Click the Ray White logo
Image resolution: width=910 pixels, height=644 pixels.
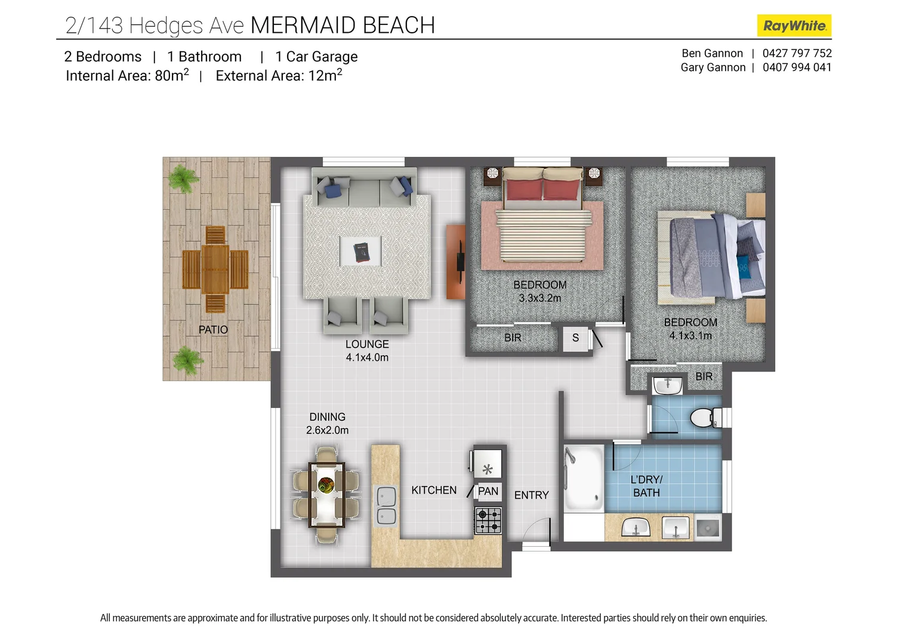tap(794, 26)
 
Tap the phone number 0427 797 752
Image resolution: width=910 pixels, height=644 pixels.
tap(797, 53)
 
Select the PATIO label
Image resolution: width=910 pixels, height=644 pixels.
tap(213, 330)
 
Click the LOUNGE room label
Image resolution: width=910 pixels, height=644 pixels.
tap(367, 344)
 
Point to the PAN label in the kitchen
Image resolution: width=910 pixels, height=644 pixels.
tap(488, 491)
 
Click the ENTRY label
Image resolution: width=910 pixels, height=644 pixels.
tap(531, 495)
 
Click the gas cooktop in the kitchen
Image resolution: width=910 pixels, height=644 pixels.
tap(488, 521)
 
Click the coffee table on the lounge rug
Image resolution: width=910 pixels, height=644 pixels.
tap(361, 251)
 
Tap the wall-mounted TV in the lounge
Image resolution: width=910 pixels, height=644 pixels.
tap(461, 262)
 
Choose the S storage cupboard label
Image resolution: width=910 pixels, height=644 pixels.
tap(575, 338)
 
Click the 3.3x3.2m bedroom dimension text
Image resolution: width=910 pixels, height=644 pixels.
tap(540, 298)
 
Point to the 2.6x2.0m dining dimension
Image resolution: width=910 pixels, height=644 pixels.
tap(327, 430)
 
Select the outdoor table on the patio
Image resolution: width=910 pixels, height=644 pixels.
tap(215, 270)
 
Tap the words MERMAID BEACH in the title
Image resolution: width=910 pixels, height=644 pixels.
tap(343, 26)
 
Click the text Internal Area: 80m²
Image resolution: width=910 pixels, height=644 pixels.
tap(127, 76)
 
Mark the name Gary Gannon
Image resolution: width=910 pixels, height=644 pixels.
tap(712, 67)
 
